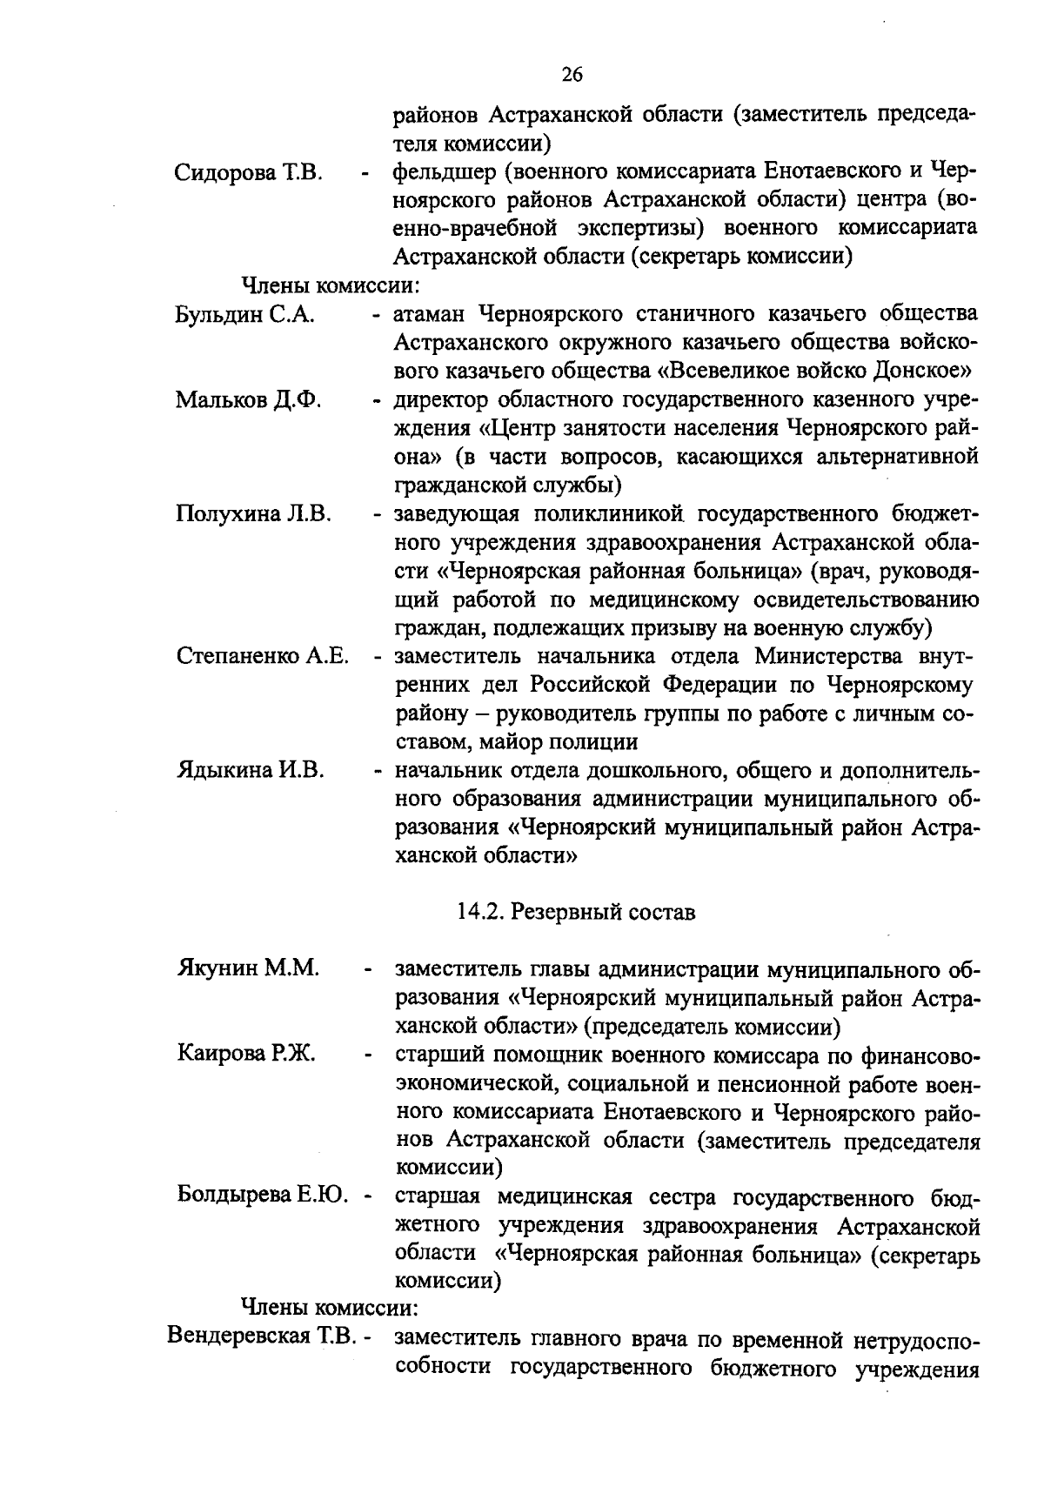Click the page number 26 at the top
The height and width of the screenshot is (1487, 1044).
point(572,75)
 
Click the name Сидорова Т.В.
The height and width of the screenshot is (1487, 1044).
point(250,172)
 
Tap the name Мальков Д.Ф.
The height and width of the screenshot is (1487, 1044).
point(249,400)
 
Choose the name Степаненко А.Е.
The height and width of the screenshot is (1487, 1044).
point(263,656)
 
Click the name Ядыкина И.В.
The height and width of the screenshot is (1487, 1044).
point(251,770)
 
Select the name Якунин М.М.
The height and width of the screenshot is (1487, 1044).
point(248,968)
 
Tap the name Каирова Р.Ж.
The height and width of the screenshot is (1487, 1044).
point(247,1055)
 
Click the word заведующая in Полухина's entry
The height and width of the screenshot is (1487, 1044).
point(452,514)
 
